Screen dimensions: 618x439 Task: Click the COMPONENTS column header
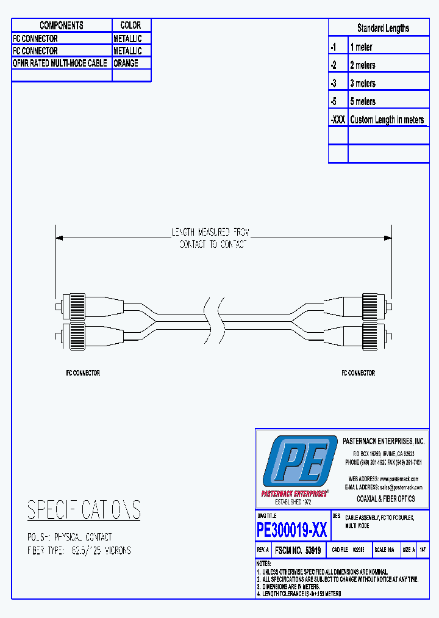(x=62, y=26)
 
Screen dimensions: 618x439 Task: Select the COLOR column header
(x=130, y=26)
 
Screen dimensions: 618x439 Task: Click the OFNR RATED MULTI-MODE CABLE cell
(x=60, y=64)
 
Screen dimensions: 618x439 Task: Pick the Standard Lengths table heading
(x=383, y=28)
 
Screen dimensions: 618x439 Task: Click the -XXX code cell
(x=338, y=120)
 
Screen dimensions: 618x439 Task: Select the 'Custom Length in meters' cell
(x=387, y=120)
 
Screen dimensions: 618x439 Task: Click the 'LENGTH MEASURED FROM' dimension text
(x=210, y=233)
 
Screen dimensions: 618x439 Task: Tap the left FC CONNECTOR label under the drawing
(x=83, y=373)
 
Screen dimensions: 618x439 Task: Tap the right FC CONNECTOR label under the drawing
(x=358, y=373)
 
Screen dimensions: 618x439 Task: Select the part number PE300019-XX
(x=292, y=529)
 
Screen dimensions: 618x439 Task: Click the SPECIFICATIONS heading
(x=84, y=510)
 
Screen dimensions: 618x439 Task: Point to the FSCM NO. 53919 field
(x=298, y=550)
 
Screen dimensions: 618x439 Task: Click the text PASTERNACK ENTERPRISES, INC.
(x=384, y=441)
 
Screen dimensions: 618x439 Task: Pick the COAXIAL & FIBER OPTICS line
(x=385, y=499)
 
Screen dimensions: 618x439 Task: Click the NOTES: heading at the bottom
(x=263, y=563)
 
